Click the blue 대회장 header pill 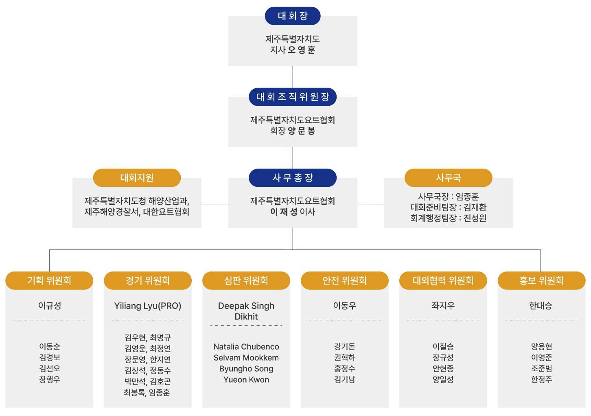coord(293,16)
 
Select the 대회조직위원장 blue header coord(293,97)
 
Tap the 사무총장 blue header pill coord(293,178)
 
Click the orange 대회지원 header coord(137,178)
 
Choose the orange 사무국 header coord(448,178)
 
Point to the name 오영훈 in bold coord(302,50)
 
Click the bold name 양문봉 coord(302,131)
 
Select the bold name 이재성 coord(284,212)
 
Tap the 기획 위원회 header coord(49,280)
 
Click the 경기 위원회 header coord(148,280)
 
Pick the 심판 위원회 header coord(246,280)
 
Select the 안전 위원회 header coord(345,280)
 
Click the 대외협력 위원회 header coord(443,280)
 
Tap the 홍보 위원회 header coord(541,280)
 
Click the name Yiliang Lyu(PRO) coord(148,306)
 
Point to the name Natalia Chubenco coord(246,347)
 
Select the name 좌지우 coord(443,306)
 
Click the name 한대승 coord(541,306)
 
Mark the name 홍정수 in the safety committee coord(345,368)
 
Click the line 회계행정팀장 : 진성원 coord(448,218)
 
